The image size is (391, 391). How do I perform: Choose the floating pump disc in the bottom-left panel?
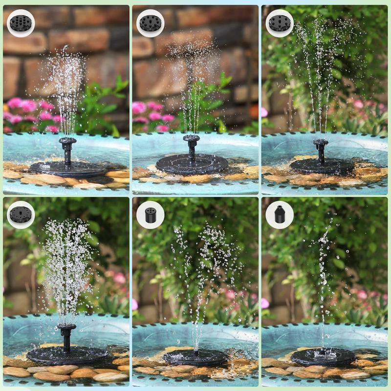pyautogui.click(x=66, y=355)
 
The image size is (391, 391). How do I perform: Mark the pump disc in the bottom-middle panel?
pyautogui.click(x=195, y=357)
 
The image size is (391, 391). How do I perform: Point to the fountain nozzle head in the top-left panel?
pyautogui.click(x=67, y=142)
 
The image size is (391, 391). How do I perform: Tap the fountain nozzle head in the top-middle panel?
pyautogui.click(x=191, y=138)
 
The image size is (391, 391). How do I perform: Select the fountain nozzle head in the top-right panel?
pyautogui.click(x=321, y=143)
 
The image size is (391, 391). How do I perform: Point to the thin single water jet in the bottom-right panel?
pyautogui.click(x=323, y=274)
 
